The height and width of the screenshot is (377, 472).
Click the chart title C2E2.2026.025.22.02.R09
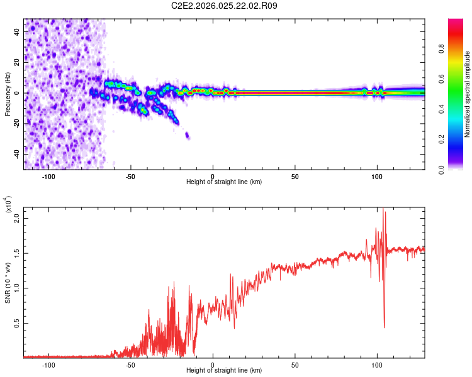[x=225, y=6]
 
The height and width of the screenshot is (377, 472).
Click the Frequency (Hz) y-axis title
[x=8, y=94]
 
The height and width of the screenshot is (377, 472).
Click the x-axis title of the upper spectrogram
[x=224, y=182]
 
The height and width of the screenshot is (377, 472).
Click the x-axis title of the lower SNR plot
[x=224, y=371]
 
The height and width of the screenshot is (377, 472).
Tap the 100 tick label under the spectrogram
[x=377, y=175]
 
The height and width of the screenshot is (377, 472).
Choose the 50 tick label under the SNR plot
[x=295, y=364]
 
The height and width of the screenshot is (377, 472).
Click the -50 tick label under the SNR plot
[x=130, y=364]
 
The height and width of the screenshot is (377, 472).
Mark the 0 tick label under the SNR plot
[x=213, y=364]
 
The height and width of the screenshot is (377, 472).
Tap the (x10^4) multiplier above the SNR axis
[x=8, y=204]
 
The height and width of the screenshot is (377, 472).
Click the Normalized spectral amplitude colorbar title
[x=467, y=94]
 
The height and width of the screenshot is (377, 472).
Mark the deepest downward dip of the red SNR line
[x=384, y=327]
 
